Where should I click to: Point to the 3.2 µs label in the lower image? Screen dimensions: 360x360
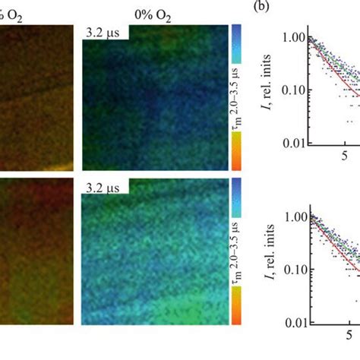(x=103, y=185)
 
